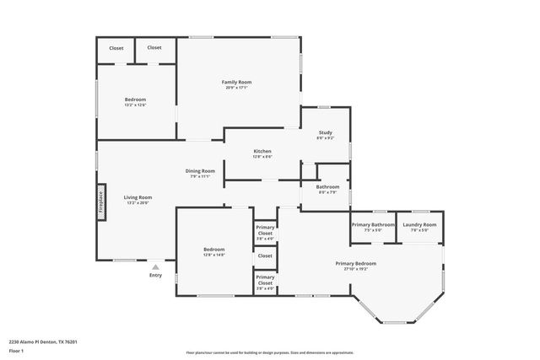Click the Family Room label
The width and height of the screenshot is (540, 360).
click(236, 82)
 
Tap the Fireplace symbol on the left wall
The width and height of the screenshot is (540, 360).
click(100, 202)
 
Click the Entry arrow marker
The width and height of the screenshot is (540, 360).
click(155, 266)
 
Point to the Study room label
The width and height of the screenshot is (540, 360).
click(325, 132)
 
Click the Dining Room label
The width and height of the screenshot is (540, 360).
click(201, 170)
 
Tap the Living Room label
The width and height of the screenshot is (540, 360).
click(138, 197)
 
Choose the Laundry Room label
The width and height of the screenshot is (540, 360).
click(418, 224)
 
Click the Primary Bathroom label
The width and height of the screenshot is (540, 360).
click(373, 224)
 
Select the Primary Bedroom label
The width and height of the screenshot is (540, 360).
click(359, 263)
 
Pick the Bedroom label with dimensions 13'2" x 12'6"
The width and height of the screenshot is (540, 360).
click(135, 99)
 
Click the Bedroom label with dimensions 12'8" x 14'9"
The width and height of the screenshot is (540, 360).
click(213, 249)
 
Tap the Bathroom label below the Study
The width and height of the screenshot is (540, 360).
click(327, 186)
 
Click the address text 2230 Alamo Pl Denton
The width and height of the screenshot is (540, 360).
click(43, 341)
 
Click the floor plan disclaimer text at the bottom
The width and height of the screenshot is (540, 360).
click(270, 353)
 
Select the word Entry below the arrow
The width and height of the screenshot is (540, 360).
click(155, 275)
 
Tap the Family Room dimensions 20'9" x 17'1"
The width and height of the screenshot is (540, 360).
click(236, 87)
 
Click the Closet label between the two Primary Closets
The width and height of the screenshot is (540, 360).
click(265, 255)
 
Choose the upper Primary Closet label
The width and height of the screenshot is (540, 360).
click(265, 231)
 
